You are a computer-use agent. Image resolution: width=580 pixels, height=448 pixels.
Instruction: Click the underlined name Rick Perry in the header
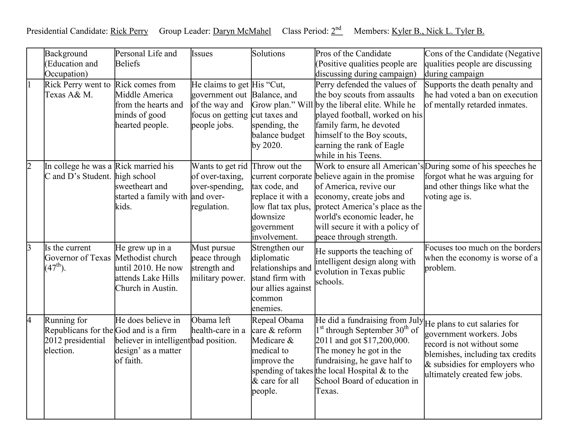[129, 31]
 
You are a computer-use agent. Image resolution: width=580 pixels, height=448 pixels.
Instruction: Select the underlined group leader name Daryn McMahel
[242, 31]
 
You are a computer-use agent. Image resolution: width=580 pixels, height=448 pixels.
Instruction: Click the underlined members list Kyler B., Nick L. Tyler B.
[438, 31]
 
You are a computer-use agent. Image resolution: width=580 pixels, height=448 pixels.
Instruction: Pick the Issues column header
[202, 54]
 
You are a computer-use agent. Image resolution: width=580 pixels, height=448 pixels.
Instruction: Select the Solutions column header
[268, 54]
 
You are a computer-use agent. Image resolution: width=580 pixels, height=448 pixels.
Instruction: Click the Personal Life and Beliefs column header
[146, 59]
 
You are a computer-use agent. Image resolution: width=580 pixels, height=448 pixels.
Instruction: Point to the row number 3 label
[29, 248]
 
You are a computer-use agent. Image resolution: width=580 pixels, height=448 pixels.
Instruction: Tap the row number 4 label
[29, 320]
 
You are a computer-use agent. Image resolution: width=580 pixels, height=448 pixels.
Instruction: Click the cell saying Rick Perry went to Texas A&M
[78, 90]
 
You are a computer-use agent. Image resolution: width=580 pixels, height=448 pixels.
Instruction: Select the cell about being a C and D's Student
[78, 171]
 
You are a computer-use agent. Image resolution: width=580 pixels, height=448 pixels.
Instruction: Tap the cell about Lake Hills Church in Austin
[149, 268]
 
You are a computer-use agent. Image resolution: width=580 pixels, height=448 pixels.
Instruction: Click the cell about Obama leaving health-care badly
[218, 330]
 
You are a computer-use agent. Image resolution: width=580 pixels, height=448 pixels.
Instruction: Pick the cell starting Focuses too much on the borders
[482, 258]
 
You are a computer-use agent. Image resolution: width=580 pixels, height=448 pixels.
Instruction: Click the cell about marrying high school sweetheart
[151, 186]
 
